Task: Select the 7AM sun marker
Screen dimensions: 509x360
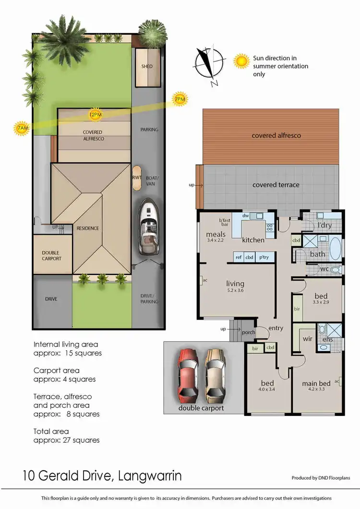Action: click(x=22, y=129)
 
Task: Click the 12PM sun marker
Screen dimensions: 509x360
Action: click(x=95, y=115)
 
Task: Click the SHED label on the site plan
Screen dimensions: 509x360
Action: click(x=147, y=66)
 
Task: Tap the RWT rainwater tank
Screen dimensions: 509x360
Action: click(x=136, y=177)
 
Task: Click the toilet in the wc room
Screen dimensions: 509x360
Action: click(x=335, y=270)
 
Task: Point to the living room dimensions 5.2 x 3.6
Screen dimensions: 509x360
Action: click(x=235, y=291)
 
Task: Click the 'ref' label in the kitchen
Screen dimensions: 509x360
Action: click(x=239, y=257)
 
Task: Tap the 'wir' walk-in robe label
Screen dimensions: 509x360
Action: click(x=307, y=338)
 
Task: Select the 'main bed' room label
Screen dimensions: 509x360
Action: click(x=316, y=383)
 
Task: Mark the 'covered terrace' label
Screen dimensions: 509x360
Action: click(x=276, y=185)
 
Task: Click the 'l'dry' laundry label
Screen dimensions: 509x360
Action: click(x=325, y=225)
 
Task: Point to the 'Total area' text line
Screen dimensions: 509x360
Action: click(x=51, y=431)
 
